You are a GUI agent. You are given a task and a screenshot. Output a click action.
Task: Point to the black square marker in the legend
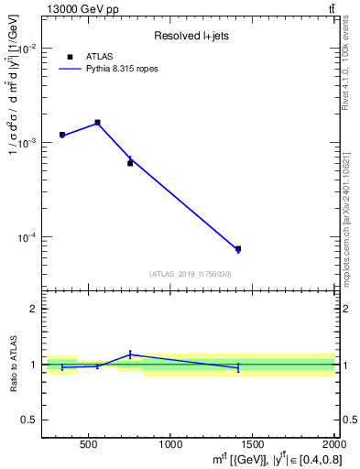tap(71, 57)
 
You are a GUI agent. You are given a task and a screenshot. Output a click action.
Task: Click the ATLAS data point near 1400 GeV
tap(238, 248)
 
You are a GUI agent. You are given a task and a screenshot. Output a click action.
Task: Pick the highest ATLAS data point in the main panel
tap(97, 122)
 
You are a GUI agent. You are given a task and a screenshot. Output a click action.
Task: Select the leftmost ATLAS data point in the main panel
tap(62, 135)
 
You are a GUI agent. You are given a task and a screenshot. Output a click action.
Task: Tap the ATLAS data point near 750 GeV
tap(130, 163)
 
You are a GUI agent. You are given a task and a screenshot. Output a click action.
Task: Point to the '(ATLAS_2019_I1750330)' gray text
tap(190, 274)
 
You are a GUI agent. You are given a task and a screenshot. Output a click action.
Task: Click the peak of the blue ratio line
tap(130, 354)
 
